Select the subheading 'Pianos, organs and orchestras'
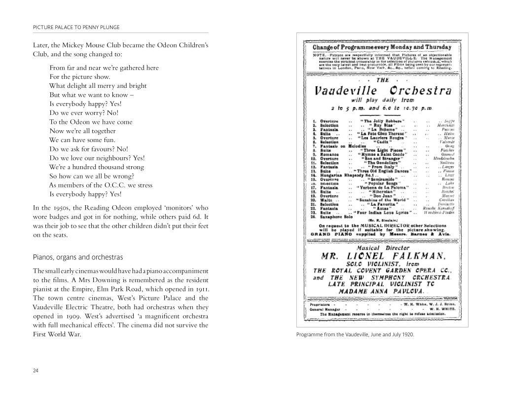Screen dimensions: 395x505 [77, 257]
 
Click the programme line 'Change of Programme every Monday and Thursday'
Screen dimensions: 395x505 [382, 47]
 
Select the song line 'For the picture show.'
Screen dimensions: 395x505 [80, 77]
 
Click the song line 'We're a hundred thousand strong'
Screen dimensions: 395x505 [96, 167]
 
